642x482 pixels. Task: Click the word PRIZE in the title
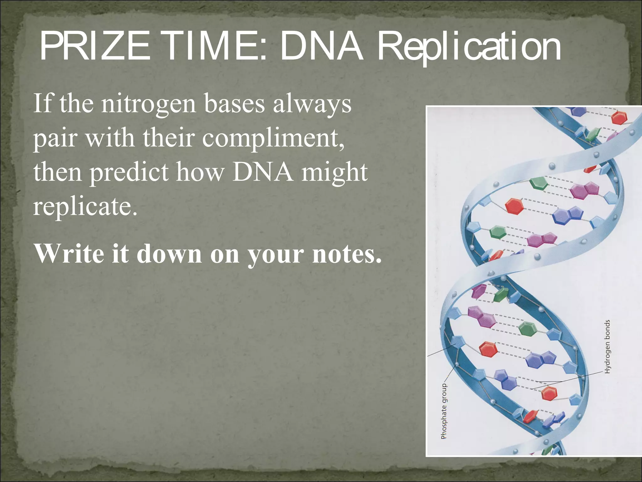[x=94, y=47]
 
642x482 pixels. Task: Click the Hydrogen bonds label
[x=607, y=346]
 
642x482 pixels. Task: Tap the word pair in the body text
[x=55, y=139]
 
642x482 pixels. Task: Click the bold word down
[x=169, y=253]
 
